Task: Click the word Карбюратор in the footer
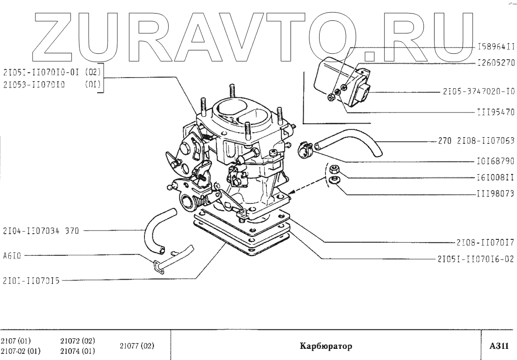(x=325, y=346)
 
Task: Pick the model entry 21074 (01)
(x=77, y=351)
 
